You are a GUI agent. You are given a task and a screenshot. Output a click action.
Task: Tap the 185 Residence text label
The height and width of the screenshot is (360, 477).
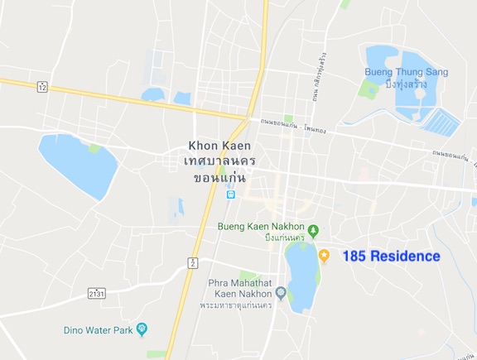pyautogui.click(x=391, y=257)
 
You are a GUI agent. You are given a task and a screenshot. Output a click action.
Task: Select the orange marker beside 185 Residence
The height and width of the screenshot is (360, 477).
pyautogui.click(x=325, y=256)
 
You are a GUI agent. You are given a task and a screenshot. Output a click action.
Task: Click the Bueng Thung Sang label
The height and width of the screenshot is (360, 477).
pyautogui.click(x=406, y=72)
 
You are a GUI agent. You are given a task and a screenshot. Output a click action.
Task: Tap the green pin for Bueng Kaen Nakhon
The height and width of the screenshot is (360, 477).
pyautogui.click(x=312, y=229)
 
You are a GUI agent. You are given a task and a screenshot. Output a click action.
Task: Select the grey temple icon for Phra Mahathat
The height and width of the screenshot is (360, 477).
pyautogui.click(x=281, y=292)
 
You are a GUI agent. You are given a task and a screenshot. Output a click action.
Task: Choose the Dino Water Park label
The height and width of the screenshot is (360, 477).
pyautogui.click(x=99, y=330)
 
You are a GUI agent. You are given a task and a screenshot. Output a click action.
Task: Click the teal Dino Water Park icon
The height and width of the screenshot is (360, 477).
pyautogui.click(x=142, y=329)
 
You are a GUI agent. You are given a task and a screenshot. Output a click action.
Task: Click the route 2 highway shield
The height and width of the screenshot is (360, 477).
pyautogui.click(x=193, y=262)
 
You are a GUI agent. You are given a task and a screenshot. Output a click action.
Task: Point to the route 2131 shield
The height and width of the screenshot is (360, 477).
pyautogui.click(x=97, y=292)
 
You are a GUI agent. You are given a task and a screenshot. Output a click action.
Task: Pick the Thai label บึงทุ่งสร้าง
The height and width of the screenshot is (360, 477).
pyautogui.click(x=407, y=84)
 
